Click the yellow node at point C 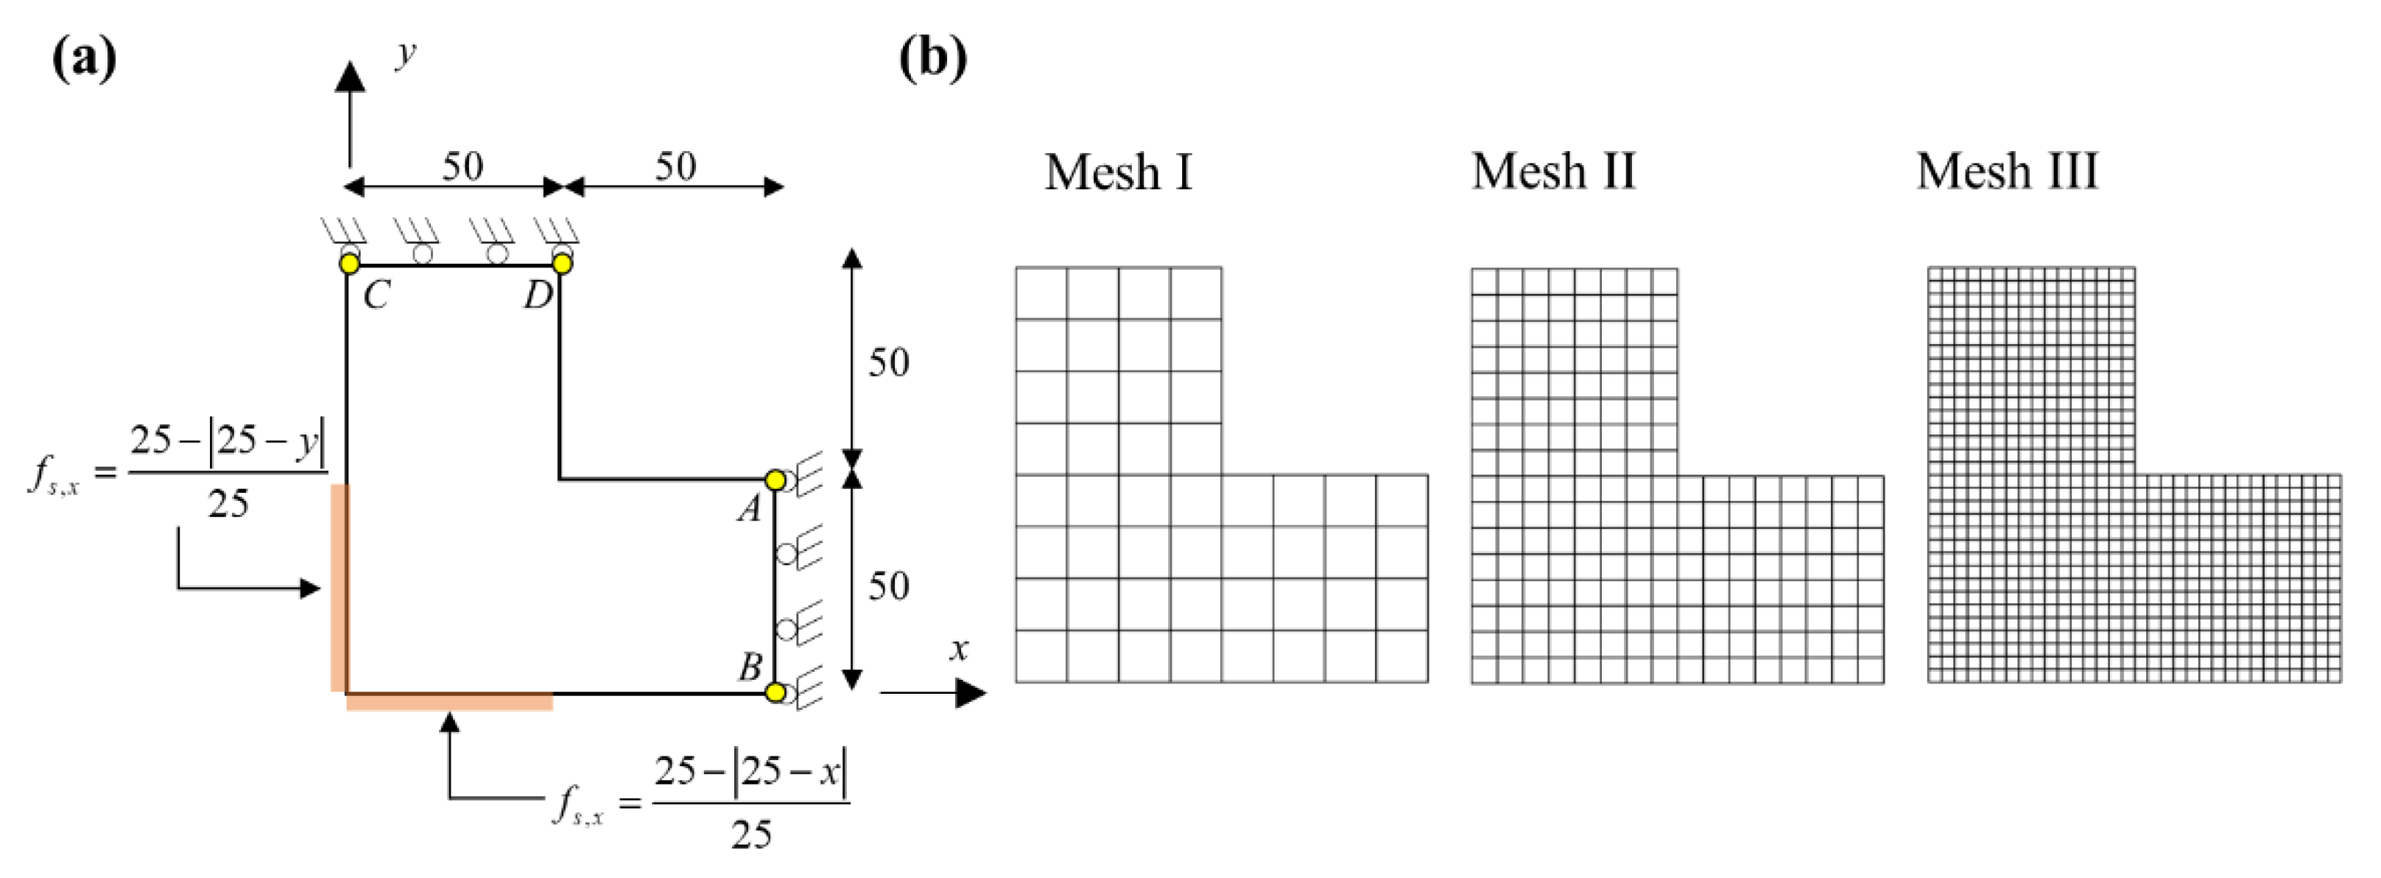(349, 264)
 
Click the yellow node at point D (562, 264)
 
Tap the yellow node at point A (776, 480)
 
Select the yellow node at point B (776, 692)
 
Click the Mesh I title (1119, 173)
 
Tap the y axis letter (405, 54)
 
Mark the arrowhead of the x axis (971, 692)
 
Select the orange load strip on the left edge (340, 588)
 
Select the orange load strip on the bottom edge (450, 703)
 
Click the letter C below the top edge (376, 297)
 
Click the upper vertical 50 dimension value (888, 362)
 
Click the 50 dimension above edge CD (463, 167)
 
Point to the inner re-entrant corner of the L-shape (560, 479)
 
